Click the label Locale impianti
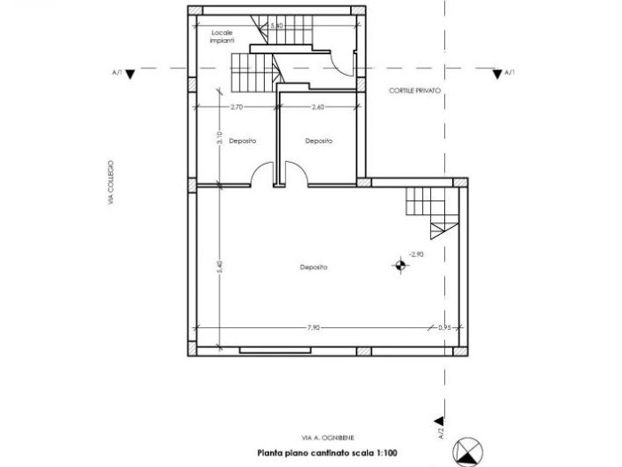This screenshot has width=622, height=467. pos(223,36)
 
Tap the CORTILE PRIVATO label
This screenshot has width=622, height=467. pos(414,92)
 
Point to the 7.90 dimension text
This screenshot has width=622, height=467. pos(313,327)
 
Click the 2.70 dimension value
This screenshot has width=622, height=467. pos(236,108)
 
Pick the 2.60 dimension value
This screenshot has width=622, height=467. pos(317,108)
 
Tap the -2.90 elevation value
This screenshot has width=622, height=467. pos(418,254)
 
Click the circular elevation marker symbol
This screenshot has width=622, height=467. pos(401,263)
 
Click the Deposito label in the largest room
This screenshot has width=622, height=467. pos(313,266)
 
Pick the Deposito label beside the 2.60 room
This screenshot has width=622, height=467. pos(318,141)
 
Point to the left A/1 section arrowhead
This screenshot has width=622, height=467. pos(131,75)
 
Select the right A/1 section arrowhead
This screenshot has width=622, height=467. pos(495,75)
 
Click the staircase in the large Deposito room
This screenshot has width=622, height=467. pos(429,211)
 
